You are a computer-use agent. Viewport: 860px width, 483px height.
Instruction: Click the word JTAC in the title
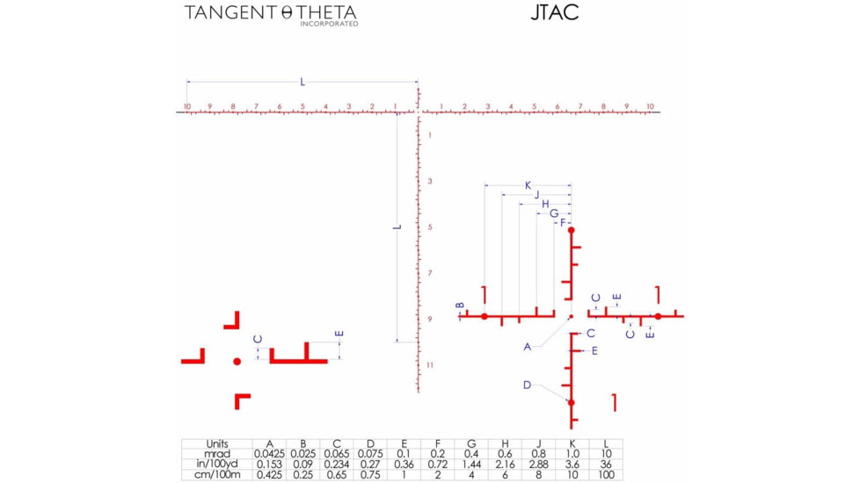(x=554, y=13)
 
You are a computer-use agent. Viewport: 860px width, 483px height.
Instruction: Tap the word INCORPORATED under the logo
(x=329, y=25)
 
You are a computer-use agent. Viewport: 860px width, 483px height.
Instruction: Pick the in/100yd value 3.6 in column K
(x=573, y=465)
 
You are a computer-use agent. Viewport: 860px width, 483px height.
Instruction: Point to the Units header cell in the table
(x=217, y=444)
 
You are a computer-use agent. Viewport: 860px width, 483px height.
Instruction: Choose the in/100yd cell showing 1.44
(x=471, y=465)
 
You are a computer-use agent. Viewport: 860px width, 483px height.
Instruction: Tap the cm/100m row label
(x=217, y=475)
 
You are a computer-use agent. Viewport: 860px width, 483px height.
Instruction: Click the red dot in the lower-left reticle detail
(x=237, y=361)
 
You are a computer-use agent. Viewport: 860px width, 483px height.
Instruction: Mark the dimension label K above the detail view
(x=528, y=185)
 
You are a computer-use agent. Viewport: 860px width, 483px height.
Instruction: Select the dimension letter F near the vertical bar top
(x=563, y=223)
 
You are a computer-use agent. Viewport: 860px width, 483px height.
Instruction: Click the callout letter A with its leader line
(x=528, y=347)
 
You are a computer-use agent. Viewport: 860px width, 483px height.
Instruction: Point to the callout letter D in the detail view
(x=528, y=385)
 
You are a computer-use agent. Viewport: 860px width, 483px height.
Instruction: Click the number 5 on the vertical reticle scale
(x=429, y=227)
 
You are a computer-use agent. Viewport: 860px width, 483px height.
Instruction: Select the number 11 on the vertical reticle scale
(x=429, y=364)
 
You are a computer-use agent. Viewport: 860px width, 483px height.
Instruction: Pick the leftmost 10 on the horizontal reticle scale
(x=186, y=107)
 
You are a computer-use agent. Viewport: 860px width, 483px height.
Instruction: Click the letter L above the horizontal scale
(x=302, y=82)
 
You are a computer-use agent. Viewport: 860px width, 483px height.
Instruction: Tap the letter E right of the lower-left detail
(x=339, y=334)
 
